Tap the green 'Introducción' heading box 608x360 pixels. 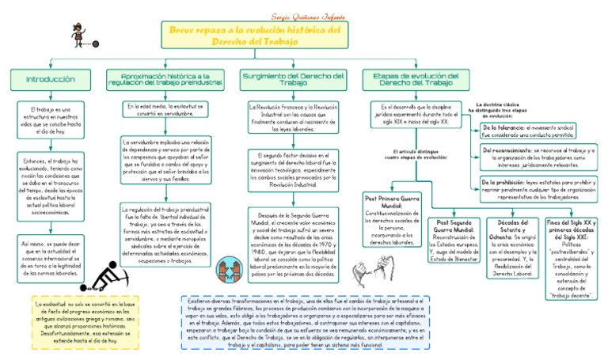pyautogui.click(x=51, y=79)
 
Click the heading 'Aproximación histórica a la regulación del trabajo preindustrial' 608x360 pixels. pyautogui.click(x=170, y=79)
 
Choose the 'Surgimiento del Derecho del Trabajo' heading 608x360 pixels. pyautogui.click(x=293, y=79)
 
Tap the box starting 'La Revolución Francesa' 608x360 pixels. pyautogui.click(x=293, y=117)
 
